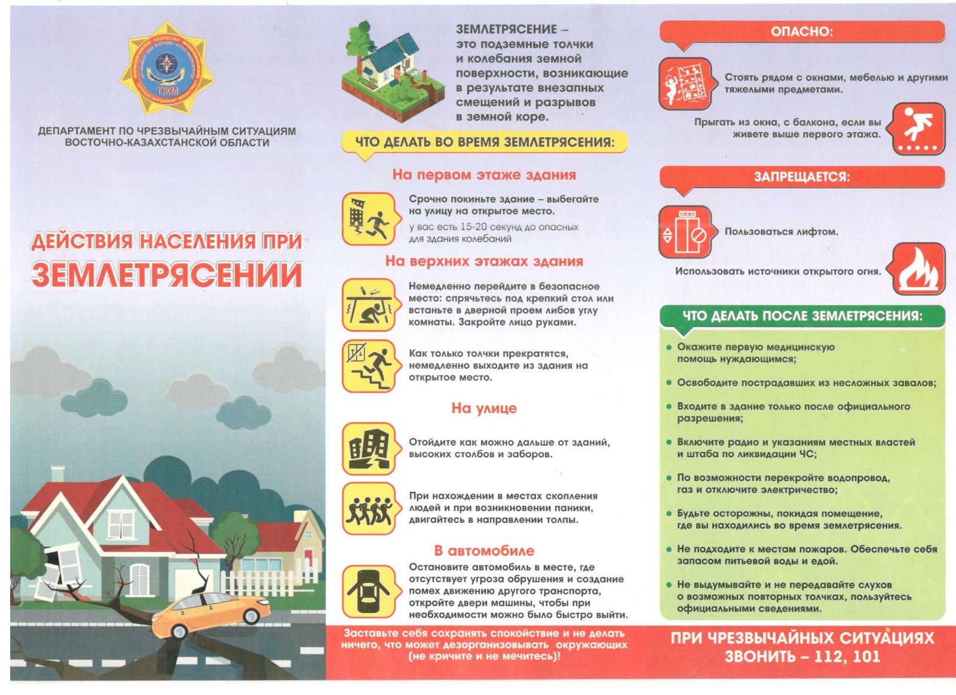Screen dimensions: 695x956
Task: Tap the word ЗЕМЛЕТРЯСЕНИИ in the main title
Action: (x=167, y=275)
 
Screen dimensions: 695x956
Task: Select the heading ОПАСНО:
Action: (x=801, y=32)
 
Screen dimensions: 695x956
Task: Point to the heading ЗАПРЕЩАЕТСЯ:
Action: (x=801, y=177)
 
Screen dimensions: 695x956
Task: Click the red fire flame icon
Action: (x=918, y=269)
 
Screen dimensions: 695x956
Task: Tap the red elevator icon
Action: (x=685, y=232)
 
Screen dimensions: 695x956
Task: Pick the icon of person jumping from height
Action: (x=918, y=129)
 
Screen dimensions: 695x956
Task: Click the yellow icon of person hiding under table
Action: (x=369, y=305)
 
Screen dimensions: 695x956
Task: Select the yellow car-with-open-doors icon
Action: (x=369, y=592)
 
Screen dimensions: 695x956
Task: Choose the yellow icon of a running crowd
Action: (x=369, y=509)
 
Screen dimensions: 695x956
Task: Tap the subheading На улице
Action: (x=484, y=408)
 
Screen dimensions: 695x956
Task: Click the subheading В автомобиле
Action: (x=484, y=550)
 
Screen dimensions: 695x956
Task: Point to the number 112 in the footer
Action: (x=828, y=657)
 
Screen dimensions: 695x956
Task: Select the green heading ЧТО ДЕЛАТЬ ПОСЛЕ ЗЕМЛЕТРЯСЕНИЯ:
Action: (x=802, y=316)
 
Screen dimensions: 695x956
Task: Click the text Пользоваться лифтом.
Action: (x=781, y=232)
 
